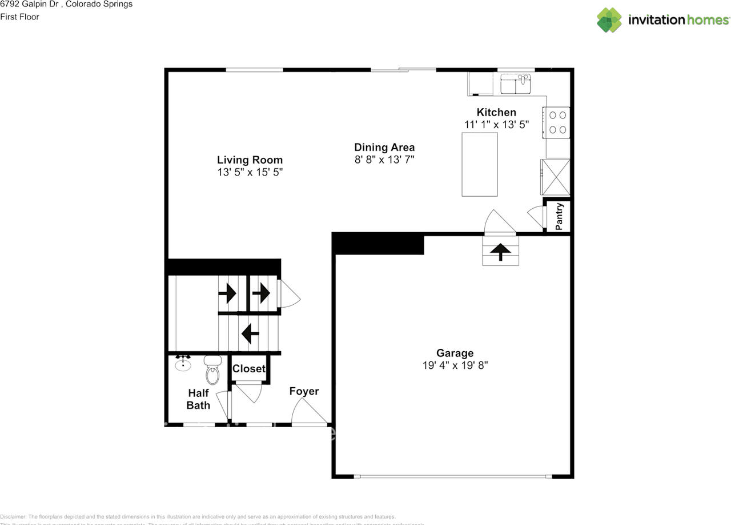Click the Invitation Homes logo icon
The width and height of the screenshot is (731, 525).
[x=609, y=20]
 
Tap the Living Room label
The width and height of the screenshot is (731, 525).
[x=250, y=160]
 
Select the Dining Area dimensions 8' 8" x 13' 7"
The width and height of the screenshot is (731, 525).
[x=384, y=160]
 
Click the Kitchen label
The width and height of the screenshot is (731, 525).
[x=496, y=113]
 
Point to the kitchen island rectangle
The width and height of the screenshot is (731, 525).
[x=480, y=164]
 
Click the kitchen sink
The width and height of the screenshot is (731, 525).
[x=516, y=85]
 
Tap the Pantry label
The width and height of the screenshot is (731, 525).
[x=560, y=216]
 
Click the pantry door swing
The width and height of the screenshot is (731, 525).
[x=536, y=216]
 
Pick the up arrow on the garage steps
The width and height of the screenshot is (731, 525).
[x=501, y=252]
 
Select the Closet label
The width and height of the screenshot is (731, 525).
[x=249, y=369]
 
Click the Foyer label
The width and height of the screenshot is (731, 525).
[x=304, y=391]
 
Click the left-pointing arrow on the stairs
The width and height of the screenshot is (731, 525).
[x=250, y=333]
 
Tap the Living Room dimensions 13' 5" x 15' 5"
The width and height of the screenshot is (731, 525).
[x=250, y=172]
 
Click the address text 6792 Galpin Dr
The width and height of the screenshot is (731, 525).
[x=39, y=5]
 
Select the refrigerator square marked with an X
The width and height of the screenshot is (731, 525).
[x=556, y=177]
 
